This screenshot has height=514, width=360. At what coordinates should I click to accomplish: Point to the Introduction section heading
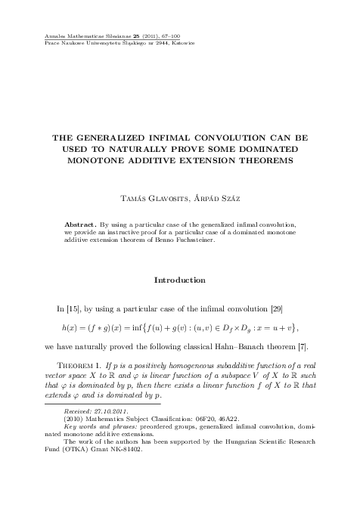coord(179,280)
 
